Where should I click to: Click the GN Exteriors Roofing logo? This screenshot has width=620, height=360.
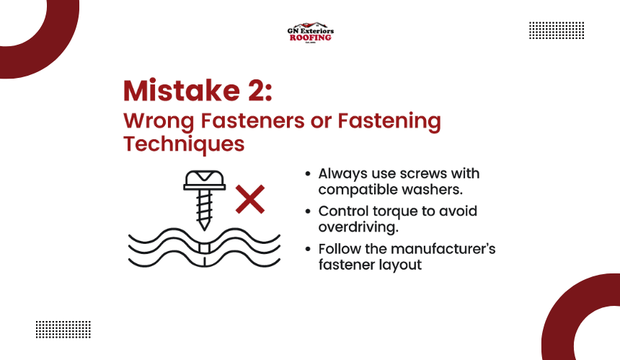[311, 32]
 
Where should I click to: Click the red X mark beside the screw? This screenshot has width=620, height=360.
[250, 199]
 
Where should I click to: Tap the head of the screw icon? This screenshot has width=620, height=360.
[205, 180]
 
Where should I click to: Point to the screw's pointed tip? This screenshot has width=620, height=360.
[204, 229]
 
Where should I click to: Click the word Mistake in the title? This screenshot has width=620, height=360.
[182, 91]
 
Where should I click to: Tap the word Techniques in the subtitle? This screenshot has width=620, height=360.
[184, 144]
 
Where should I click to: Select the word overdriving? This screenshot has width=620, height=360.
[358, 227]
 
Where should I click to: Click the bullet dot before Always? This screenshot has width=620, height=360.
[308, 174]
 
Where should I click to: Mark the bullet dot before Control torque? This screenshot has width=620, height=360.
[308, 211]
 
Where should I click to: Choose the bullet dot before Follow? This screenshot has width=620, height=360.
[308, 249]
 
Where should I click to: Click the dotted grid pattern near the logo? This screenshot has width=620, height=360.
[557, 30]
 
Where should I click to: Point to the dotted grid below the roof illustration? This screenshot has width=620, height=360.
[63, 330]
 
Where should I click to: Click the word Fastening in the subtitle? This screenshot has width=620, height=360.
[389, 121]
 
